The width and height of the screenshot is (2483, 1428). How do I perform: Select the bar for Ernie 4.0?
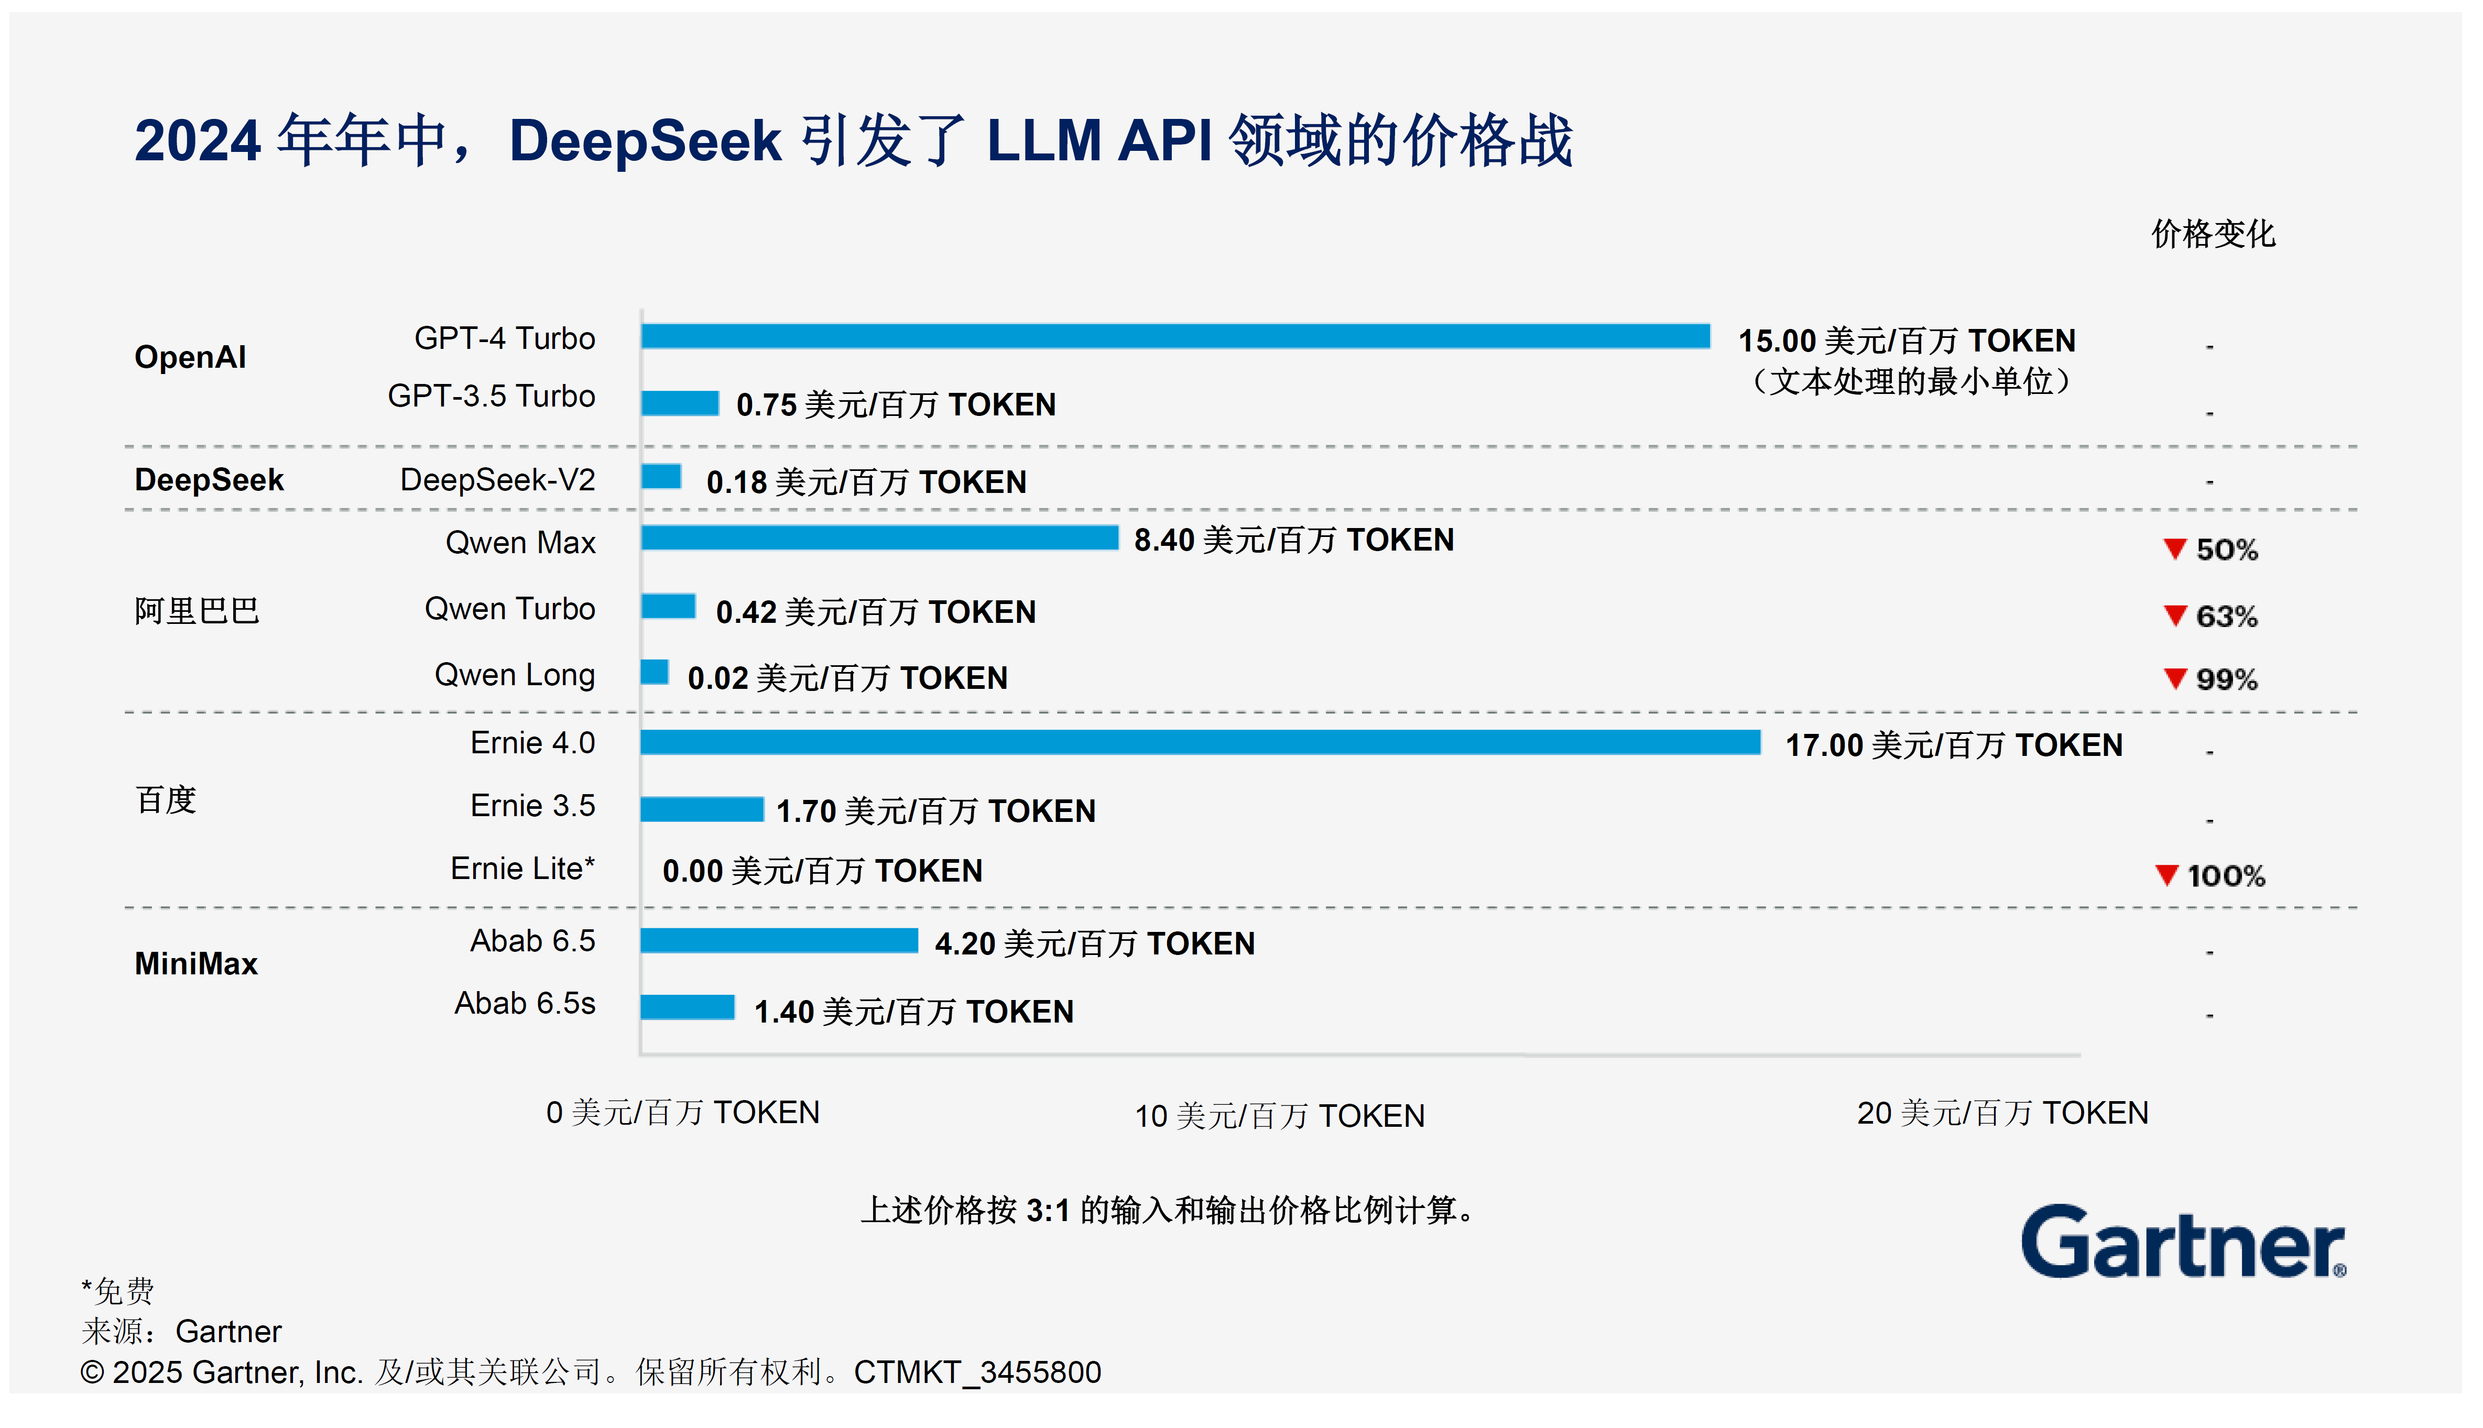[1199, 742]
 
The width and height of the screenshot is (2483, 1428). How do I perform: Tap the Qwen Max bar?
[879, 537]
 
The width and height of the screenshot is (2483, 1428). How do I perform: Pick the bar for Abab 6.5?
[779, 940]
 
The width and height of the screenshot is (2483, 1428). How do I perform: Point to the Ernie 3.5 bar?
[701, 809]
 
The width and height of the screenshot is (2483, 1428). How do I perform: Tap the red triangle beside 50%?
[2174, 548]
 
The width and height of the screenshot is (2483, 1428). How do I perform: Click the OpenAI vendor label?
[190, 357]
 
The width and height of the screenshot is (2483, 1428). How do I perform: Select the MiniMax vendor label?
[196, 963]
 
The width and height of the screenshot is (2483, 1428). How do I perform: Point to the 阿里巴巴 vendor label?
[196, 611]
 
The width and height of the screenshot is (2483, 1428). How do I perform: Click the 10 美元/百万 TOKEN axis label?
[1279, 1115]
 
